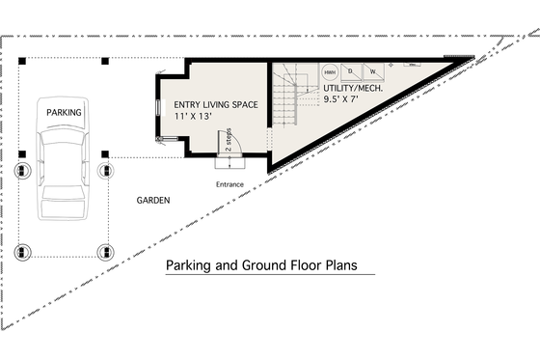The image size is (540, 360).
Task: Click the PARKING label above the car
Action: click(x=64, y=113)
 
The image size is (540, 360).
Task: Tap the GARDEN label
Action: click(x=152, y=201)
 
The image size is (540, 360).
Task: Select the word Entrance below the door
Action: click(x=229, y=184)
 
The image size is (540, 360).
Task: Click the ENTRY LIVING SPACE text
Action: click(x=215, y=104)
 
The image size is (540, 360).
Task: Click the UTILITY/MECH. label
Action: click(x=353, y=87)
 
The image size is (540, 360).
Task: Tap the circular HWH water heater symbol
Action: click(x=330, y=72)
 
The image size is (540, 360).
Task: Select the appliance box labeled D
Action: click(x=350, y=72)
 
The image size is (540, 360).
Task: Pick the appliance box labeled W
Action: click(x=371, y=72)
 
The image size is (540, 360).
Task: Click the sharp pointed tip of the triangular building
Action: click(x=472, y=60)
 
